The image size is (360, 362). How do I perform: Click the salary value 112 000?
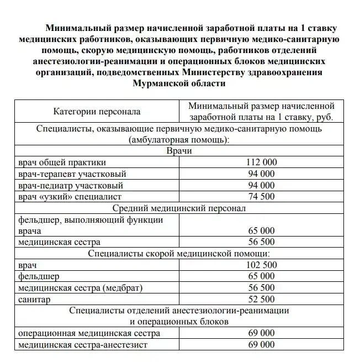point(261,162)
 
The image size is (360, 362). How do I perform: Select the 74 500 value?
point(261,196)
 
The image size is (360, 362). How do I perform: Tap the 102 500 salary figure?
point(261,265)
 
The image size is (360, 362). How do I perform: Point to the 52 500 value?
point(261,300)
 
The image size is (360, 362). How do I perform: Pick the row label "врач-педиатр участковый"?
point(71,185)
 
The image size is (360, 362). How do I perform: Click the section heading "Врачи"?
point(179,151)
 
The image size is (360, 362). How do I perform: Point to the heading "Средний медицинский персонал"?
point(179,208)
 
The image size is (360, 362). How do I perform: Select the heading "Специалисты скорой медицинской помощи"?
point(179,254)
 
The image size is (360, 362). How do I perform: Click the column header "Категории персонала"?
point(97,111)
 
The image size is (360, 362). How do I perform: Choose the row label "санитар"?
point(34,300)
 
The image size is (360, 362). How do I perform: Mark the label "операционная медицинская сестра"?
point(89,334)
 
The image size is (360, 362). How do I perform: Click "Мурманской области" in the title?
point(179,83)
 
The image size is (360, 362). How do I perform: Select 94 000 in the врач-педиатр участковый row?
point(261,185)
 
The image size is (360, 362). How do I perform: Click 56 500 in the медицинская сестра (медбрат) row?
point(261,288)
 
